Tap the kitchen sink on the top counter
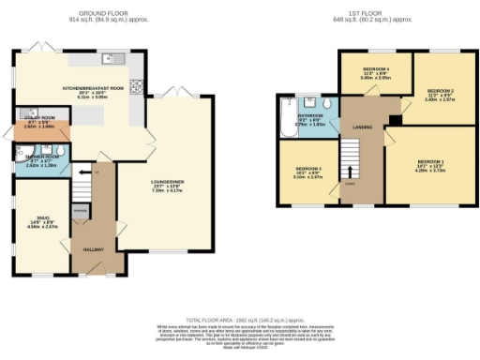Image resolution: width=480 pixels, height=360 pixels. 110,58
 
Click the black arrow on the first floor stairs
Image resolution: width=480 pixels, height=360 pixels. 352,171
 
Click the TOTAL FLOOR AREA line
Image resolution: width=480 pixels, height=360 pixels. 240,321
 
